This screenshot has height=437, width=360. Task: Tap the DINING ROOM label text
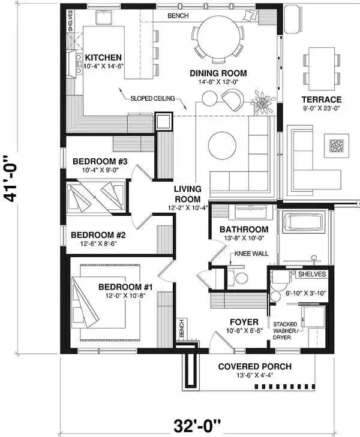pos(218,74)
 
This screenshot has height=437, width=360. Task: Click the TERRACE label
pos(322,100)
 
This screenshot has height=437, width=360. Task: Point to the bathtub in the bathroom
pos(304,222)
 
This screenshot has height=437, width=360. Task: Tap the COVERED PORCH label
pos(254,366)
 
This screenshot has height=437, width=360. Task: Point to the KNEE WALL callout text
pos(251,254)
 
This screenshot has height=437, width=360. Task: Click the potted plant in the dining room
pos(262,101)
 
